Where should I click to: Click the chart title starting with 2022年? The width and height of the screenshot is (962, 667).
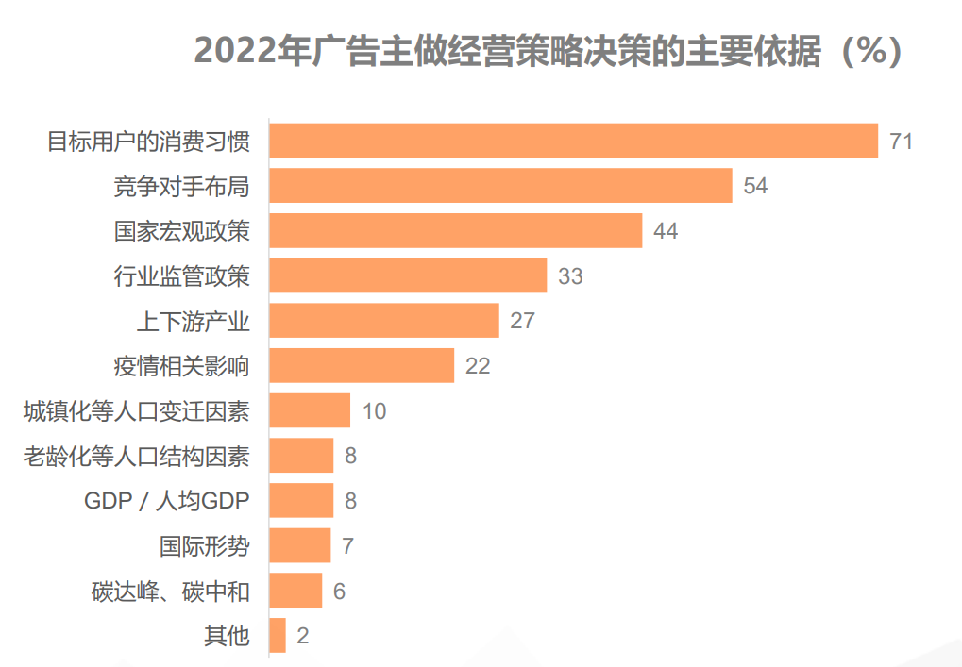click(548, 52)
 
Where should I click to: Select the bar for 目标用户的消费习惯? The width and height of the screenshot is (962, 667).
click(573, 141)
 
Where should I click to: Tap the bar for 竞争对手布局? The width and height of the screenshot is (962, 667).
click(500, 186)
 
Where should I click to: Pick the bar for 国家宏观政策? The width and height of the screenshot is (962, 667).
click(455, 230)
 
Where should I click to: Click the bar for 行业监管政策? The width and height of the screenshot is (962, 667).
click(408, 275)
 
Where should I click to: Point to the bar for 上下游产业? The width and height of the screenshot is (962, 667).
click(384, 321)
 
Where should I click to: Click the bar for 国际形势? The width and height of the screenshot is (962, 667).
click(300, 545)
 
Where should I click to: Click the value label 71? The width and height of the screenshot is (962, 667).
click(901, 142)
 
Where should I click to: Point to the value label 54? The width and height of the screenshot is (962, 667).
click(755, 186)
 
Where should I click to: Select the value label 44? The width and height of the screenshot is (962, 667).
click(666, 231)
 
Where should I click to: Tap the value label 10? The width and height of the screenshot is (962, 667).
click(374, 411)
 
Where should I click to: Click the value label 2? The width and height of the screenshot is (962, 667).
click(303, 636)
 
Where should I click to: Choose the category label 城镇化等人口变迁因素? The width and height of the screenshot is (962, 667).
click(137, 411)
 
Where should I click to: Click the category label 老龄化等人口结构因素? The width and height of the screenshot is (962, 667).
click(137, 457)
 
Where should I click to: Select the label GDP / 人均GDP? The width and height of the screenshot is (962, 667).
click(167, 501)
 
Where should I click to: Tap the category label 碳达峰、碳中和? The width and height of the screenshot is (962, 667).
click(171, 592)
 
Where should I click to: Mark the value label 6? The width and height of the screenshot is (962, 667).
click(340, 592)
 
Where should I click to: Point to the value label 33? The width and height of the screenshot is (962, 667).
click(570, 276)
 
